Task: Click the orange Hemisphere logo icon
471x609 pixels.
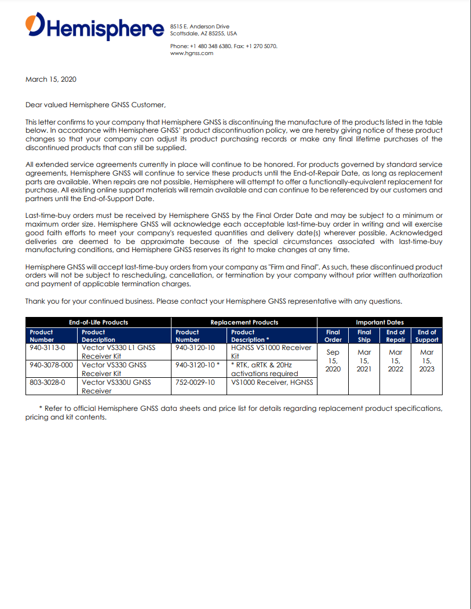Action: coord(35,25)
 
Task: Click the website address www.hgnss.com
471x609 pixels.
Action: coord(192,53)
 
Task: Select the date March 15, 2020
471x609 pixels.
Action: coord(51,79)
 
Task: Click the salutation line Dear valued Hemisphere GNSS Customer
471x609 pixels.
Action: coord(96,105)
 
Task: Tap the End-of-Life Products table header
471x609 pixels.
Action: coord(98,322)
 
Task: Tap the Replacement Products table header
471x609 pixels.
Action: coord(244,322)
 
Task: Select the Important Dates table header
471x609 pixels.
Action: coord(379,322)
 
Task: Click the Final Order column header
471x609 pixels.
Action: coord(333,336)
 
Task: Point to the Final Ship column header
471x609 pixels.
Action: coord(364,336)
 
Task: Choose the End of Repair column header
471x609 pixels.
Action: coord(396,336)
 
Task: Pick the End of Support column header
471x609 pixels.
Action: coord(427,336)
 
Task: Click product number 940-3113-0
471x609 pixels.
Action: coord(48,348)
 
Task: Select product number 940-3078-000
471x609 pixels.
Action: coord(52,365)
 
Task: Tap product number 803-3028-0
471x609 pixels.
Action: coord(48,382)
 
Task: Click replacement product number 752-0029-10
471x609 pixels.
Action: coord(195,382)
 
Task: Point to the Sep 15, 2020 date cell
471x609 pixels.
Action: coord(333,360)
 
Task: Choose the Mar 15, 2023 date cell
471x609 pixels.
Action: coord(427,360)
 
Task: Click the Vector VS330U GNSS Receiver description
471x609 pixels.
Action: coord(116,386)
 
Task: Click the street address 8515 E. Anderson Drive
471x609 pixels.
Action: coord(200,27)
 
